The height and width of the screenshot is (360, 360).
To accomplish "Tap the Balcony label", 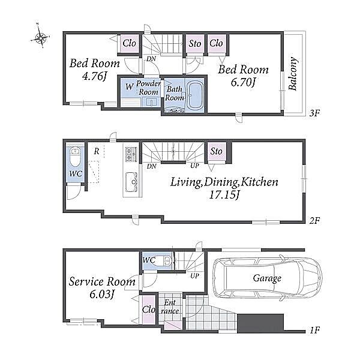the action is (293, 73).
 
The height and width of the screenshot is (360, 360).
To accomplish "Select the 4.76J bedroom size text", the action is (95, 76).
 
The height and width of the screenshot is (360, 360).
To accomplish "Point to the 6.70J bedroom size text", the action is (244, 83).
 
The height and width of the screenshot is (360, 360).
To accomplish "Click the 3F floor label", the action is (314, 113).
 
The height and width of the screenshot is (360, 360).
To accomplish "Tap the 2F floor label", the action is (314, 221).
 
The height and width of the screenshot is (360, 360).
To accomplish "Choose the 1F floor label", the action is (314, 331).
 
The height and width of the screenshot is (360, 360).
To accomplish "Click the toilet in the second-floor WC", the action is (74, 157).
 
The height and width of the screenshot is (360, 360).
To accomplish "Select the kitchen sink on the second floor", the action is (131, 182).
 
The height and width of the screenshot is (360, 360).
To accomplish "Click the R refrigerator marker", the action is (97, 151).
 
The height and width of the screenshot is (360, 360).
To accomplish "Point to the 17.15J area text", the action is (224, 195).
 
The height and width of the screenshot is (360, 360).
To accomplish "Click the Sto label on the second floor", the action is (216, 151).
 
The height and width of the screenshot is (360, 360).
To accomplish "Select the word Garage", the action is (267, 278).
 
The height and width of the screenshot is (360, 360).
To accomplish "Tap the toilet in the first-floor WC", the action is (164, 261).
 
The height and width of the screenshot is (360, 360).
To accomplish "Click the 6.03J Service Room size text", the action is (102, 295).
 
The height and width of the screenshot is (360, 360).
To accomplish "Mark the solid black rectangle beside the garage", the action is (260, 323).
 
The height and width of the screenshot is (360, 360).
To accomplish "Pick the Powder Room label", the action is (148, 88).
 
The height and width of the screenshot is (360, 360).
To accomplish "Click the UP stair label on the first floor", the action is (194, 276).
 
